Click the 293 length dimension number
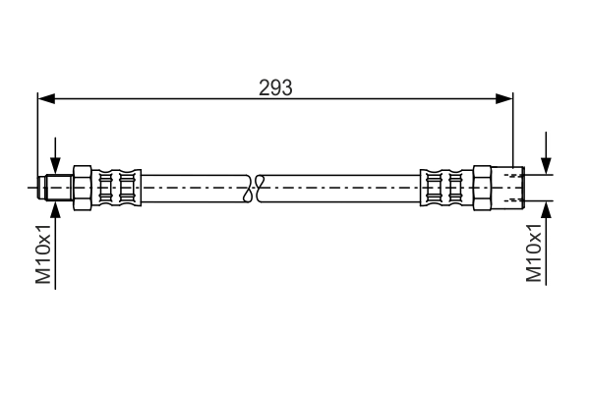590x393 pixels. [275, 87]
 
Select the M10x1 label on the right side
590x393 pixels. [535, 253]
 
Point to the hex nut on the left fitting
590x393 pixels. [83, 186]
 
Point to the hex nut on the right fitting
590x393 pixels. [483, 186]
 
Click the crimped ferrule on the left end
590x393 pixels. [118, 186]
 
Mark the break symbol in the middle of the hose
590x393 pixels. [256, 186]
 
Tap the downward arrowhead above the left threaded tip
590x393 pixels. [56, 168]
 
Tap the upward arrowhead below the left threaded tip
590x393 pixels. [56, 203]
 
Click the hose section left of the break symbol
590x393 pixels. [197, 186]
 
